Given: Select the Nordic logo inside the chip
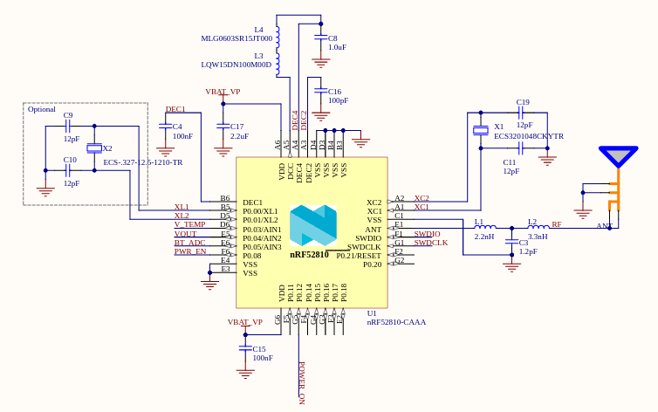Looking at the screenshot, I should pyautogui.click(x=312, y=225).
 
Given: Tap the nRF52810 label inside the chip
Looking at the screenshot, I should pyautogui.click(x=310, y=255).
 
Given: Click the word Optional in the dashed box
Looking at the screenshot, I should pyautogui.click(x=42, y=109).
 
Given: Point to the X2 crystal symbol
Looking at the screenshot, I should pyautogui.click(x=94, y=148).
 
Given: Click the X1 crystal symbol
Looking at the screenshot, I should pyautogui.click(x=480, y=131).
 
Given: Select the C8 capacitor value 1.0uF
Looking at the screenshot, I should pyautogui.click(x=337, y=47).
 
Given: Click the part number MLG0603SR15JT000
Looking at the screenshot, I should pyautogui.click(x=236, y=38).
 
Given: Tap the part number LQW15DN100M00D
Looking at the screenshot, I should pyautogui.click(x=236, y=65).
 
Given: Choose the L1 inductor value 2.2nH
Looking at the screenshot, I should pyautogui.click(x=484, y=237).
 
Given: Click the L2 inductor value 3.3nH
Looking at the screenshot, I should pyautogui.click(x=538, y=237).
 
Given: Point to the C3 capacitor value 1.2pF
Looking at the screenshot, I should pyautogui.click(x=528, y=251).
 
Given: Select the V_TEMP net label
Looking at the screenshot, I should pyautogui.click(x=189, y=224).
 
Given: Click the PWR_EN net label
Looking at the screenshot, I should pyautogui.click(x=189, y=251).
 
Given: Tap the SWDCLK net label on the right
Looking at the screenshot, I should pyautogui.click(x=430, y=243).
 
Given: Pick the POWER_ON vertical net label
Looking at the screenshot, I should pyautogui.click(x=302, y=382).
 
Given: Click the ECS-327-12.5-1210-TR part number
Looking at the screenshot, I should pyautogui.click(x=142, y=162).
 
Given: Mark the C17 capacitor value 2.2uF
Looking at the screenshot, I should pyautogui.click(x=239, y=136).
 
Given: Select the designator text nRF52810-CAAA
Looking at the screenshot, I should pyautogui.click(x=396, y=322).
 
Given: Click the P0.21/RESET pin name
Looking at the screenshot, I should pyautogui.click(x=359, y=255).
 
